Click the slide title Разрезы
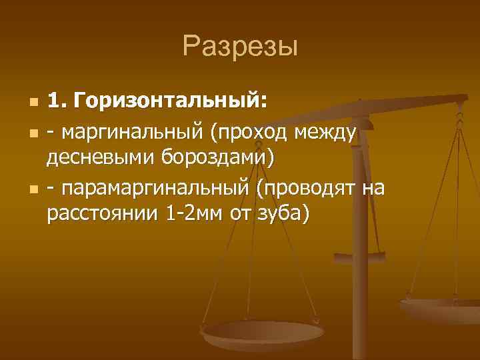[240, 47]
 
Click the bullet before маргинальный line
[33, 133]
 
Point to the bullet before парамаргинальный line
[33, 189]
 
